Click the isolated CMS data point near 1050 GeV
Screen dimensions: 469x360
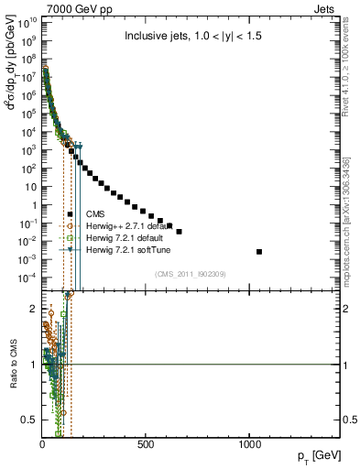(259, 252)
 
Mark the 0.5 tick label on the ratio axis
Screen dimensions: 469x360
(27, 420)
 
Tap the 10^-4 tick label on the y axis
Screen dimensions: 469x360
(27, 278)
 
